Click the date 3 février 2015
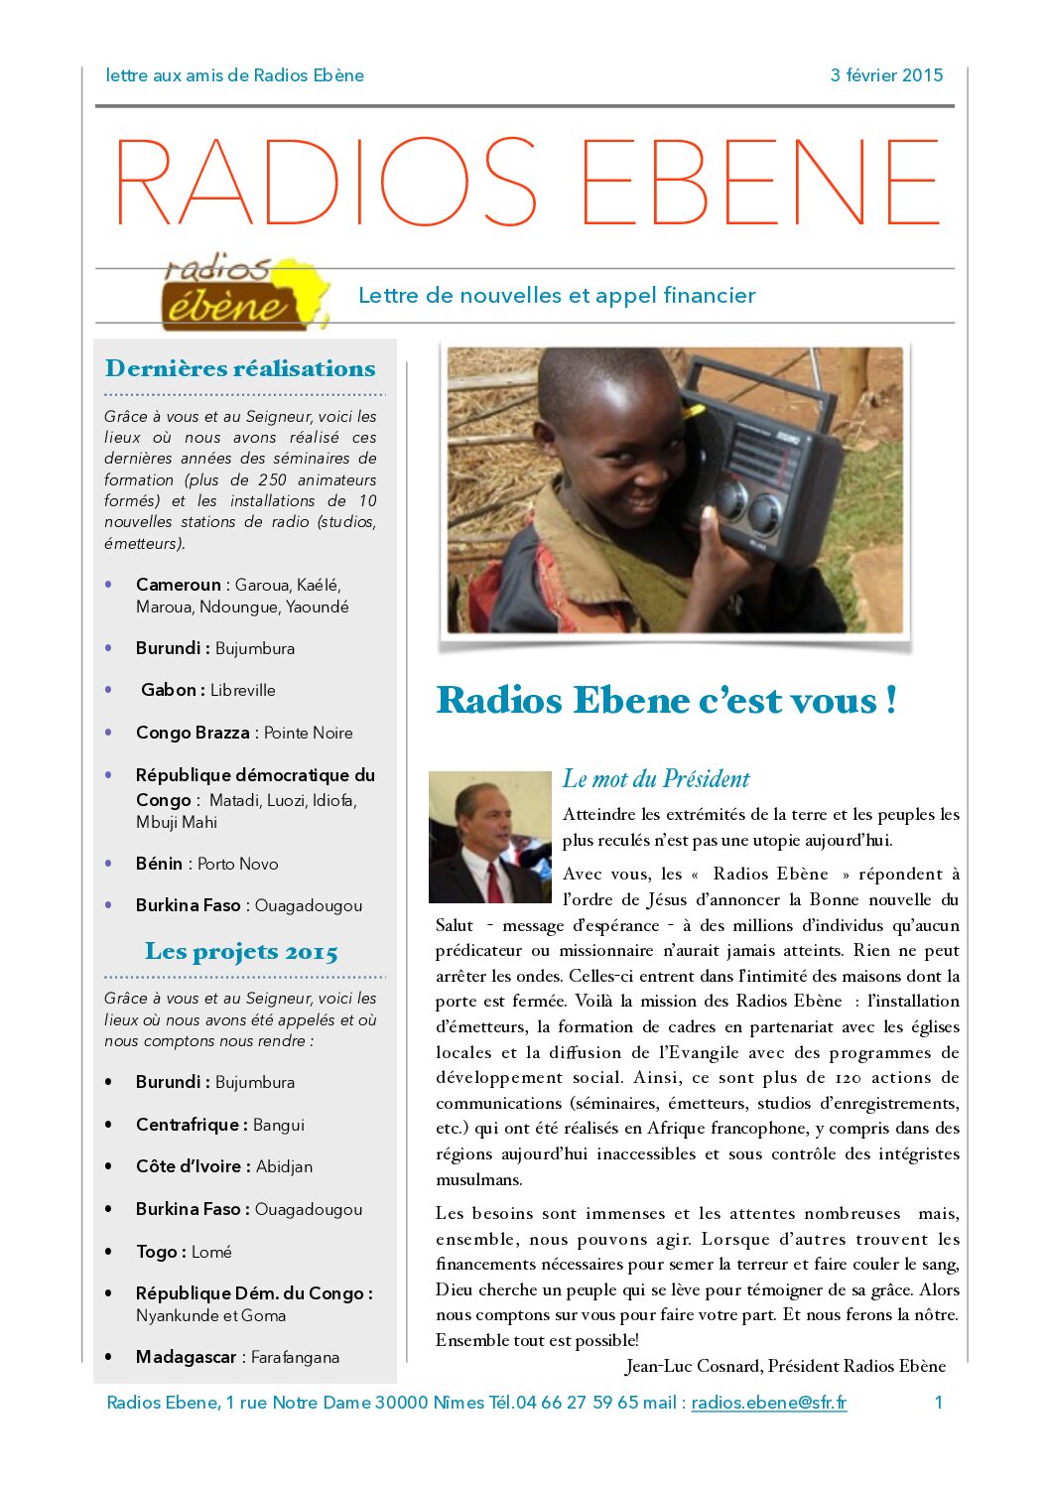[x=886, y=75]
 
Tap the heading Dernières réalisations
[x=240, y=369]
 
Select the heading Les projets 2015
[x=241, y=952]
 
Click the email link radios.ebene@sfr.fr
[x=769, y=1403]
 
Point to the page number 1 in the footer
[x=938, y=1403]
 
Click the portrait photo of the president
[x=489, y=837]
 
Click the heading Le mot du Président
[x=656, y=779]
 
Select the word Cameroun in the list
[x=178, y=585]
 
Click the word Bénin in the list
[x=159, y=864]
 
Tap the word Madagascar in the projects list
[x=186, y=1357]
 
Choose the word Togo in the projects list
[x=156, y=1252]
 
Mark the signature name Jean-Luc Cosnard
[x=694, y=1367]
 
